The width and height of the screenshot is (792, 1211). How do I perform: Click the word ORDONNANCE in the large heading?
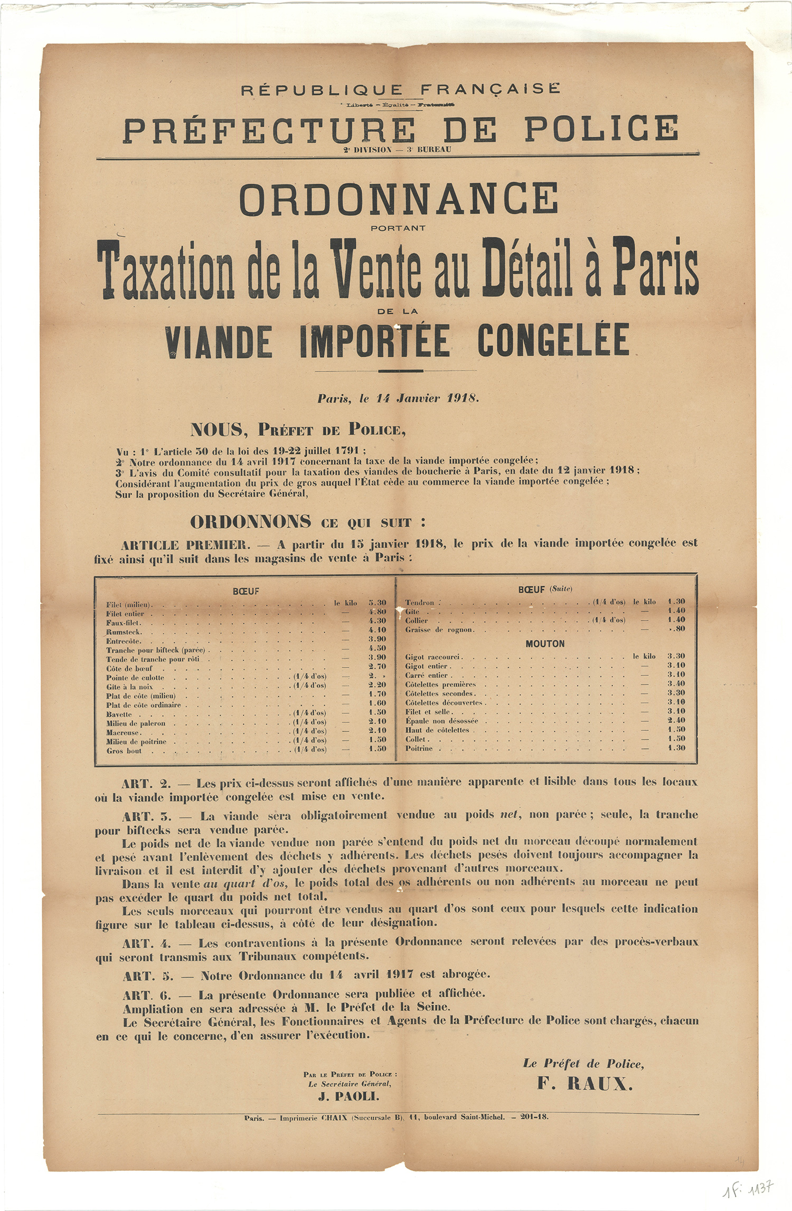pyautogui.click(x=399, y=199)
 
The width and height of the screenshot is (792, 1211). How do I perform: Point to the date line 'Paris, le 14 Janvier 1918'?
pyautogui.click(x=398, y=398)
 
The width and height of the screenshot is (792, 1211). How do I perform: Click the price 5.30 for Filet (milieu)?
pyautogui.click(x=378, y=603)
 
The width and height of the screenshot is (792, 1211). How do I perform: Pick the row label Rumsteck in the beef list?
pyautogui.click(x=124, y=632)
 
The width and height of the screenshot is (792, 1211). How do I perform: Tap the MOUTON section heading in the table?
pyautogui.click(x=545, y=644)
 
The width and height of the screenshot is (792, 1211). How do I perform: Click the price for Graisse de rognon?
pyautogui.click(x=677, y=629)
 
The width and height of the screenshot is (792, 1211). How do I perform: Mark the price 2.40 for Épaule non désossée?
pyautogui.click(x=676, y=720)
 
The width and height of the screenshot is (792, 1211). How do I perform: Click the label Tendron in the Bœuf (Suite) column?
pyautogui.click(x=420, y=603)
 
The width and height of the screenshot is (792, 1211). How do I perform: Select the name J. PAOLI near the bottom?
pyautogui.click(x=348, y=1096)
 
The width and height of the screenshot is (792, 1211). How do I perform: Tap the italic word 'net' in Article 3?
pyautogui.click(x=510, y=815)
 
